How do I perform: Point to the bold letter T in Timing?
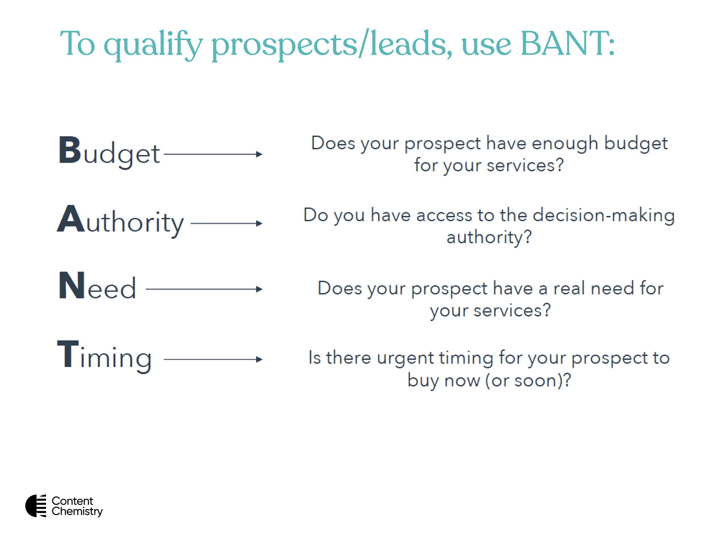[68, 354]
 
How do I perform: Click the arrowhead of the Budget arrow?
[259, 154]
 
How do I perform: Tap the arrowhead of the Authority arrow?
[259, 224]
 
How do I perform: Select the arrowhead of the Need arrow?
[259, 289]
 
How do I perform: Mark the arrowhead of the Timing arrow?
[259, 359]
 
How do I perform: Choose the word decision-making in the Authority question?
[604, 216]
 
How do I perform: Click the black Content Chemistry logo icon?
[36, 506]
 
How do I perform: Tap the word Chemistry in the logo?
[77, 512]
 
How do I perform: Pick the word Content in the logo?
[72, 501]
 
